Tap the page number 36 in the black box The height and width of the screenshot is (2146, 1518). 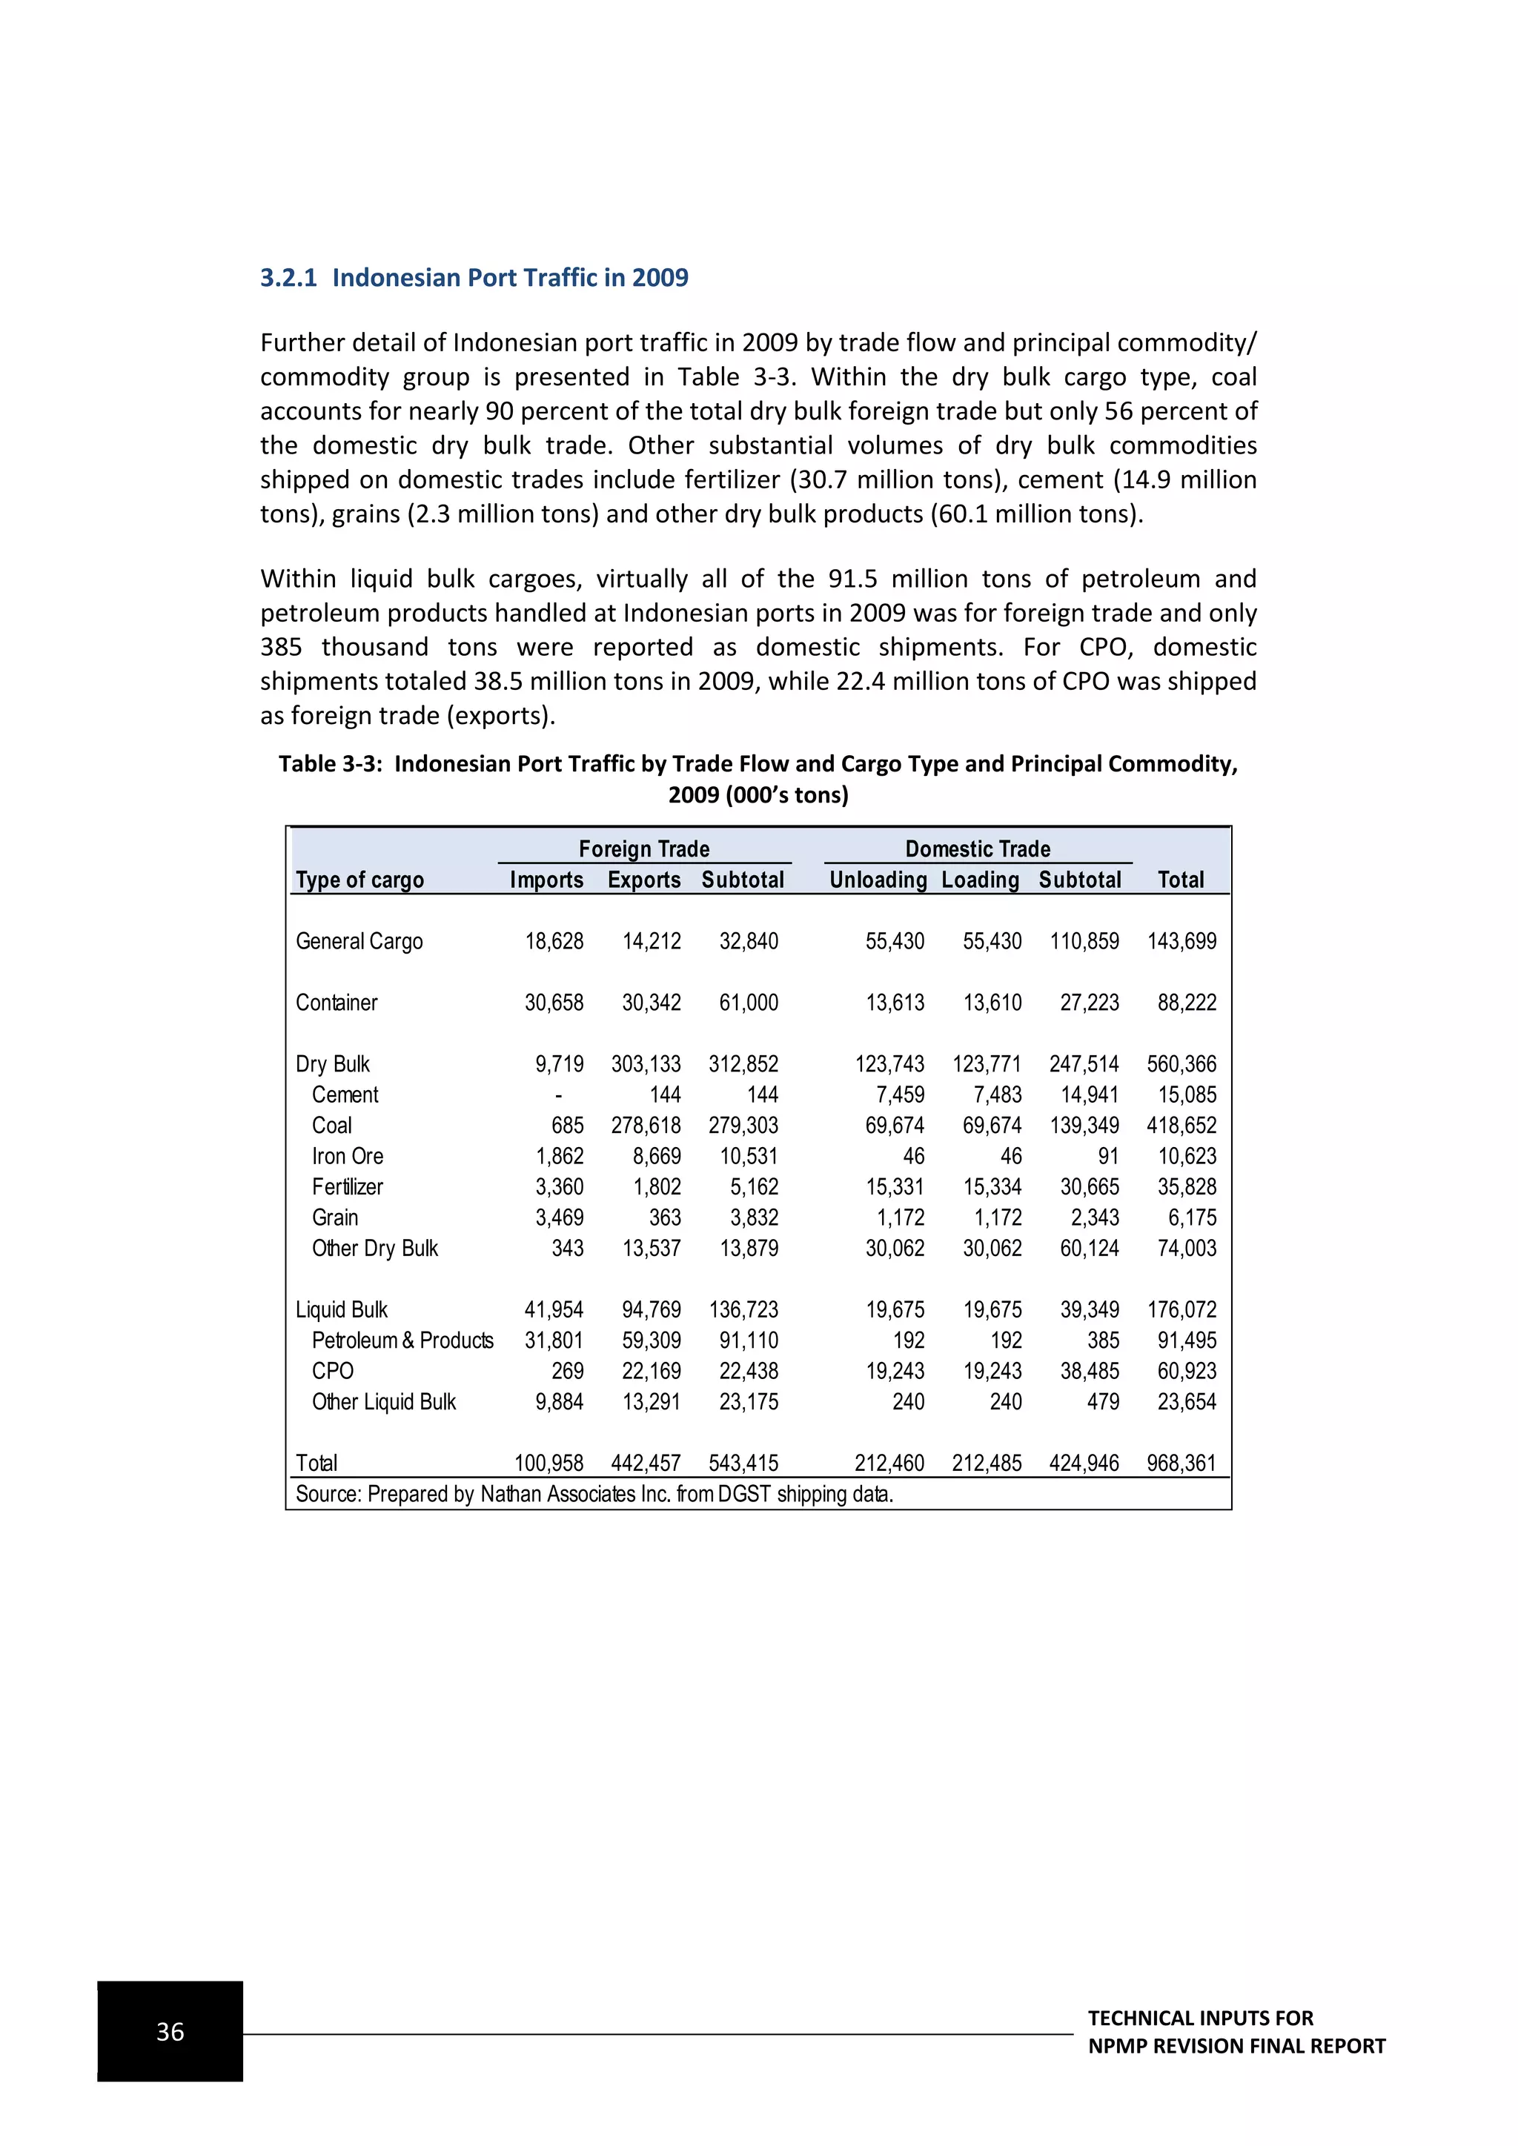click(x=170, y=2031)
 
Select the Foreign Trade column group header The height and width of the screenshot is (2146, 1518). click(x=644, y=848)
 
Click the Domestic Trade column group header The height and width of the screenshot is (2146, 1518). click(x=978, y=848)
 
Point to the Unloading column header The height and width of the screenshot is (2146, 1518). click(x=878, y=880)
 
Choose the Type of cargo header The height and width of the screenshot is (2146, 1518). click(x=360, y=880)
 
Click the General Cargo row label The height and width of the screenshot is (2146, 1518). click(x=359, y=941)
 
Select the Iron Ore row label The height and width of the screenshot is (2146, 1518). click(x=348, y=1156)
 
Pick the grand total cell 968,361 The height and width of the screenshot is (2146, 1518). click(x=1181, y=1463)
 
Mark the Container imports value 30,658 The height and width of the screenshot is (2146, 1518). click(x=554, y=1003)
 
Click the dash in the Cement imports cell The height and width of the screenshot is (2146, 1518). click(x=558, y=1094)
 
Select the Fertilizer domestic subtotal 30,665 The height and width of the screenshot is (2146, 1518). click(x=1089, y=1187)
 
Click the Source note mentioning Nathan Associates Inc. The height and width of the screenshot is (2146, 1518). click(x=594, y=1494)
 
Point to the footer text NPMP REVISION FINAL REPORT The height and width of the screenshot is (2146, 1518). click(x=1236, y=2046)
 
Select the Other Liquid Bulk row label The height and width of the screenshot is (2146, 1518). click(x=383, y=1402)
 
